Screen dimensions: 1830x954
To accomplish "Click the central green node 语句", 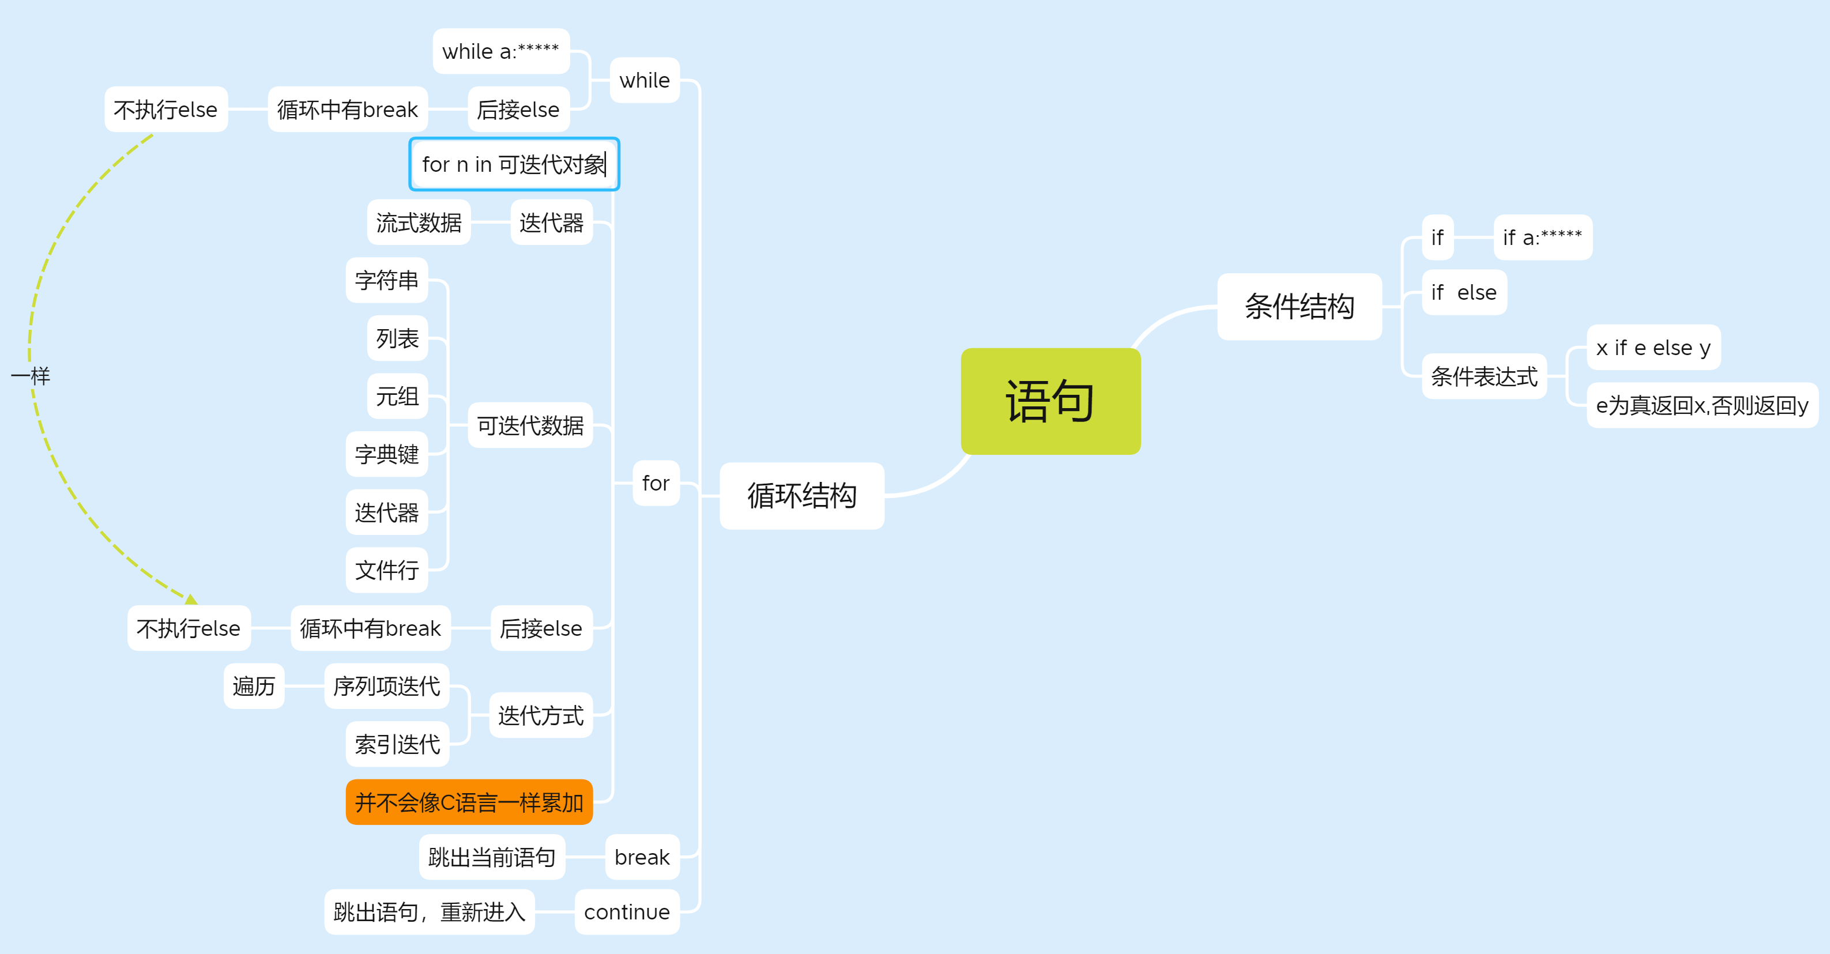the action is point(1050,401).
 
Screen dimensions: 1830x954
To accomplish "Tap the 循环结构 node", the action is point(801,496).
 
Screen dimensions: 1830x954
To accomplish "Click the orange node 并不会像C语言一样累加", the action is point(469,802).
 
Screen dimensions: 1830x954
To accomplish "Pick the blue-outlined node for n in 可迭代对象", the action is point(514,164).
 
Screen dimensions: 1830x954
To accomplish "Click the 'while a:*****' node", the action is point(501,51).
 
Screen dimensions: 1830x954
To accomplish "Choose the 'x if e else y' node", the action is point(1653,348).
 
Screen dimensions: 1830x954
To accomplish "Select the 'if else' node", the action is point(1463,292).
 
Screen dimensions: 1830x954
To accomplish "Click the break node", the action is point(642,857).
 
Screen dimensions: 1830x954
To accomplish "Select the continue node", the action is point(627,911).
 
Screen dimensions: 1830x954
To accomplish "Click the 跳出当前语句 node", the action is point(492,857).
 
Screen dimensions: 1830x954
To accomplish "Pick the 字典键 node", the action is point(386,454).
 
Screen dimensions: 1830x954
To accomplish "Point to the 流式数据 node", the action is point(419,223).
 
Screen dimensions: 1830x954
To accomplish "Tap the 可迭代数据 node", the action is point(530,425).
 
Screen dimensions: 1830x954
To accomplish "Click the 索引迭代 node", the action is point(397,744).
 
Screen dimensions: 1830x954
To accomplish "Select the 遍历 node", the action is point(254,685).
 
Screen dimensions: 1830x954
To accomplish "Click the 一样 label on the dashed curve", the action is point(31,376).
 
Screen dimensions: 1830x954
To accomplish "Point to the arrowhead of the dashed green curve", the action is point(190,599).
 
